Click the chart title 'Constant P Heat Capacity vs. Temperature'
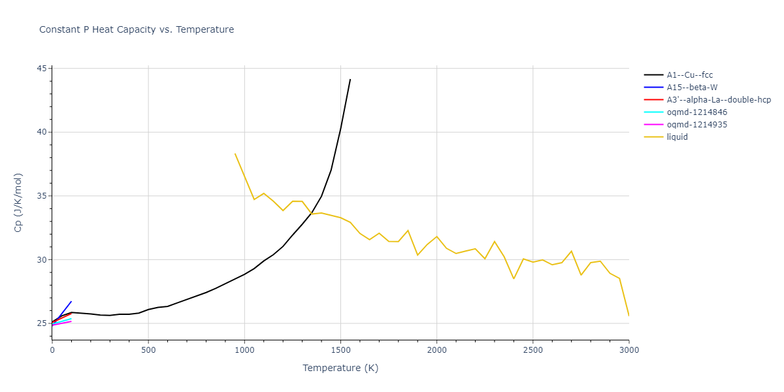(137, 29)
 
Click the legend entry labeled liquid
(677, 137)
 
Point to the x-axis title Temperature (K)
(340, 368)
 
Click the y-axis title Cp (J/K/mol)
(19, 203)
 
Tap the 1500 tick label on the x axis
(340, 350)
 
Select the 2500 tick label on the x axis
(532, 350)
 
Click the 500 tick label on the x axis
(148, 350)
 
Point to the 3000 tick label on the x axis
(629, 350)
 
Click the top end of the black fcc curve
(350, 80)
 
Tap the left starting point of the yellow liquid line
(235, 154)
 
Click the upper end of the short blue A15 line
(71, 302)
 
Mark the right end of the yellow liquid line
(629, 316)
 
